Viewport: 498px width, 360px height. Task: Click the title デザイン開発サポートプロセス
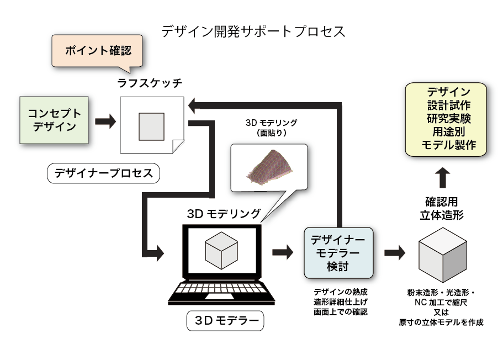[253, 31]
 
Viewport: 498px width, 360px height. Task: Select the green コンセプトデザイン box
[54, 120]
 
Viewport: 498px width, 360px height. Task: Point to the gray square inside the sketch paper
[151, 126]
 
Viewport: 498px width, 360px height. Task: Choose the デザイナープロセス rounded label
[103, 173]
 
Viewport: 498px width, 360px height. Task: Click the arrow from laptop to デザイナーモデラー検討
[283, 252]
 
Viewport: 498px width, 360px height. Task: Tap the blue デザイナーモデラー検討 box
[338, 252]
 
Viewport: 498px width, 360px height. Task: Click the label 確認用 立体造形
[441, 208]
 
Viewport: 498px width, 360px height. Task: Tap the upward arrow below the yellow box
[442, 178]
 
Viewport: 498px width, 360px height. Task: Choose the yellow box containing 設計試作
[446, 118]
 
